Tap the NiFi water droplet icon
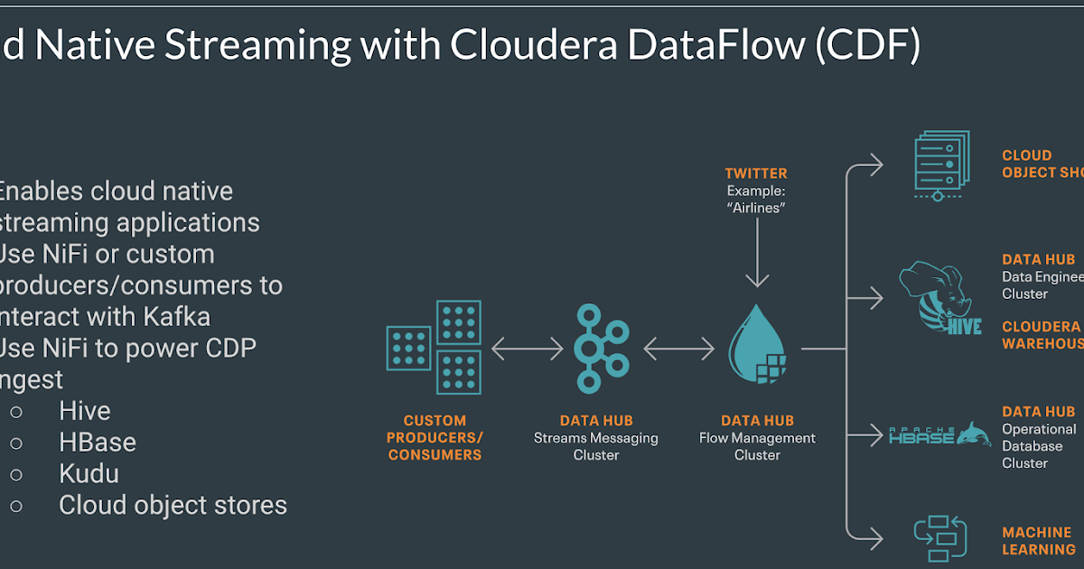coord(757,346)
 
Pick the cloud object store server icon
coord(940,165)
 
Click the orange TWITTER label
coord(756,173)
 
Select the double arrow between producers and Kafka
coord(527,348)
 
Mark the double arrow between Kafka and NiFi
coord(679,348)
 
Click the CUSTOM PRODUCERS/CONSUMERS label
coord(435,438)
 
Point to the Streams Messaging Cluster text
coord(596,446)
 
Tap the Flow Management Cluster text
coord(757,446)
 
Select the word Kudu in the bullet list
coord(89,474)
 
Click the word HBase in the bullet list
coord(98,443)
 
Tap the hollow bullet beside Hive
coord(17,412)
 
